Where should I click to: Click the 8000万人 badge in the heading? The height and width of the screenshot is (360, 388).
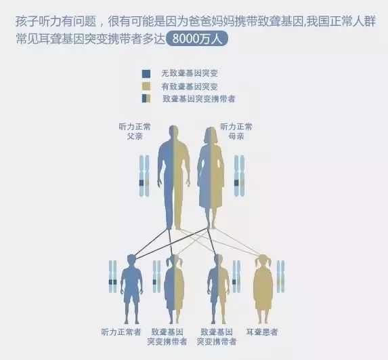tap(197, 39)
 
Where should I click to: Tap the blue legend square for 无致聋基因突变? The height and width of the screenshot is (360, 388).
tap(146, 74)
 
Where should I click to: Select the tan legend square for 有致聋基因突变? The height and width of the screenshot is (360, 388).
tap(146, 87)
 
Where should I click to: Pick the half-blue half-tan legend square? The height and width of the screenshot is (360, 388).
tap(146, 98)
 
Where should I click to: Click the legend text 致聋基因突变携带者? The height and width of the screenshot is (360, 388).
tap(198, 99)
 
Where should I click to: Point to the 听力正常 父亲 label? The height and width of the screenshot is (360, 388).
tap(135, 132)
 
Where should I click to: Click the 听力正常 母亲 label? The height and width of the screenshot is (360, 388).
tap(236, 132)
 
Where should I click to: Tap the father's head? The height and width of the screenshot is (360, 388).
tap(174, 133)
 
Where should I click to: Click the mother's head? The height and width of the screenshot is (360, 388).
tap(211, 135)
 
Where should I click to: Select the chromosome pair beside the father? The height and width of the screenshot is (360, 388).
tap(144, 176)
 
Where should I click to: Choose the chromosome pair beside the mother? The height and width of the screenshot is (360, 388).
tap(239, 176)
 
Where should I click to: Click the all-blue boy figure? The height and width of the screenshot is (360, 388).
tap(131, 289)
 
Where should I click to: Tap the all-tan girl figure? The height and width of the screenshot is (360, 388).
tap(263, 289)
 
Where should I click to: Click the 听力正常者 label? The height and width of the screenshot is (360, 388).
tap(121, 332)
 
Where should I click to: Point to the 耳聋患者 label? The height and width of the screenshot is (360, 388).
tap(262, 332)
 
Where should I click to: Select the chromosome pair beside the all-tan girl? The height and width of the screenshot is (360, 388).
tap(280, 277)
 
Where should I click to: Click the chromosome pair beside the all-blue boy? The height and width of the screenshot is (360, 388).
tap(113, 277)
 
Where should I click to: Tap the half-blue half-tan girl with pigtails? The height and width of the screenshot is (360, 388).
tap(174, 289)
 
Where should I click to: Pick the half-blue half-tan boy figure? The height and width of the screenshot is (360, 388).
tap(218, 289)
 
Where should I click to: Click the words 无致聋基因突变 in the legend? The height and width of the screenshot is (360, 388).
tap(190, 73)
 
